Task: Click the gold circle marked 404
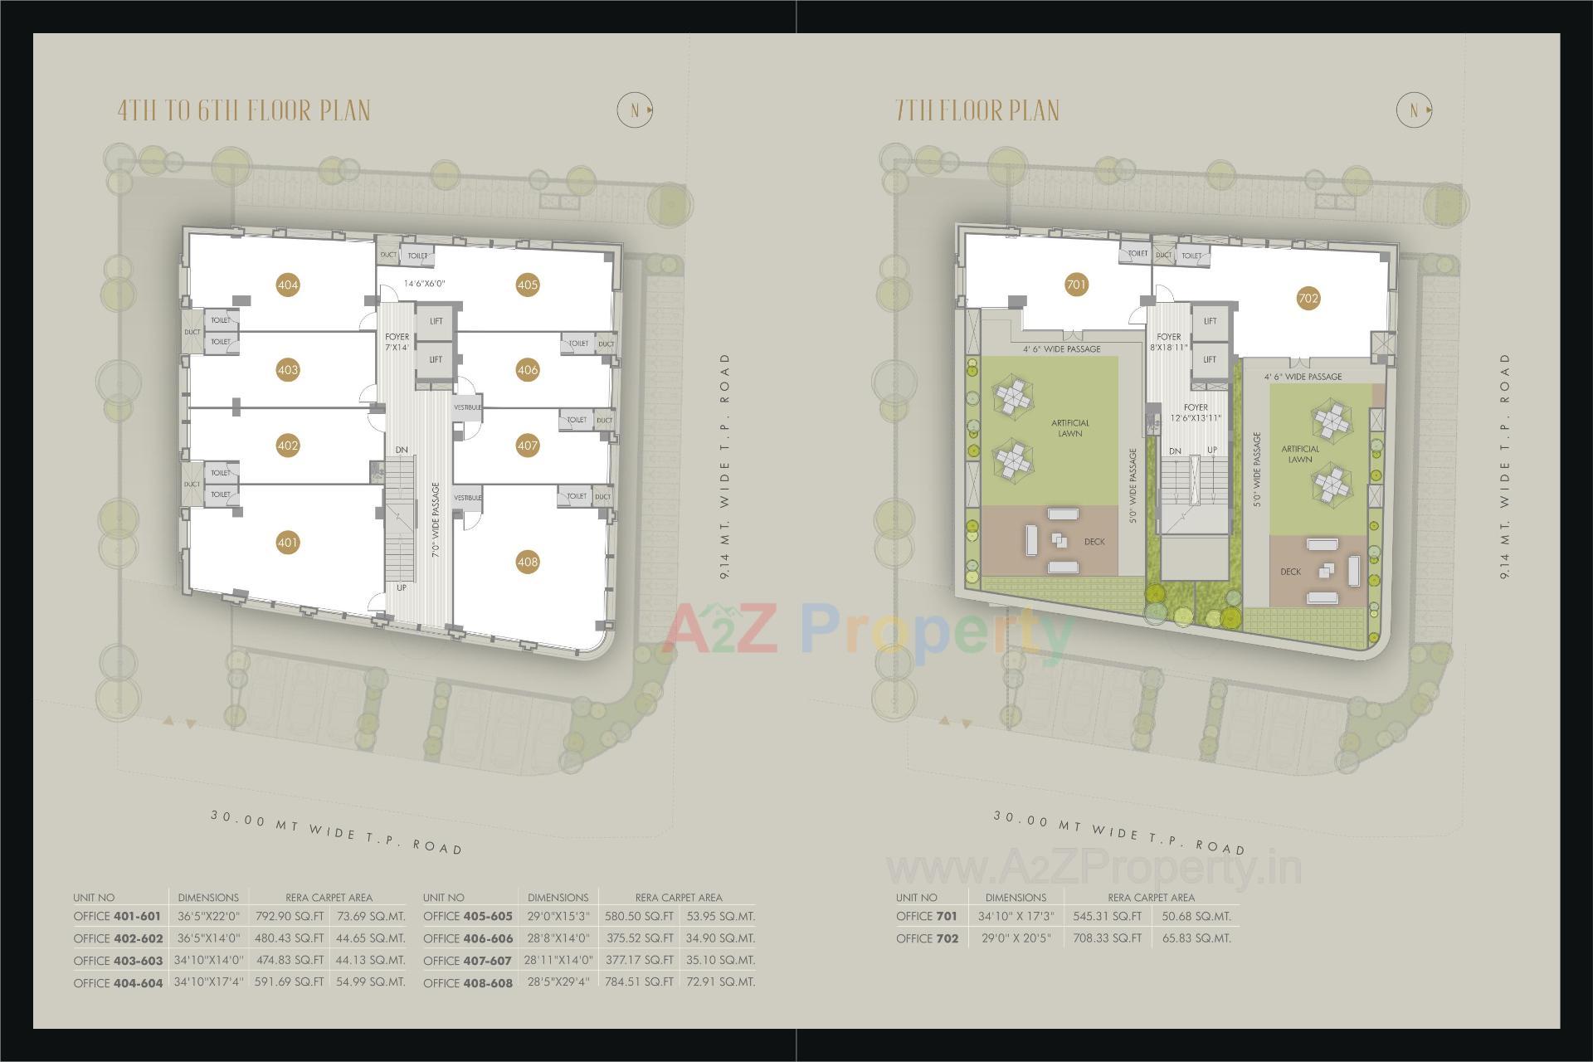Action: point(288,285)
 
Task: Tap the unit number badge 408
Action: point(528,562)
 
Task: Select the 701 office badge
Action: point(1075,285)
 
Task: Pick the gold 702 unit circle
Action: point(1308,299)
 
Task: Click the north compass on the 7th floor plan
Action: point(1414,110)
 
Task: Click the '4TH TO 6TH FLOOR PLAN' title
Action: point(244,111)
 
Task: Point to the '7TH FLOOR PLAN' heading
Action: point(977,111)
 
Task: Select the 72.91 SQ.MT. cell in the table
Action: point(719,982)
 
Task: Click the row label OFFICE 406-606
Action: point(468,938)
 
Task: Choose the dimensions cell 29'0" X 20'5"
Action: point(1016,938)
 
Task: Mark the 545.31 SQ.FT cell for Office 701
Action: point(1108,916)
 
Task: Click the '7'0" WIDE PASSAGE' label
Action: point(436,520)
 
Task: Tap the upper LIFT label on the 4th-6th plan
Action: point(436,321)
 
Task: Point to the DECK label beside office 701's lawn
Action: point(1094,542)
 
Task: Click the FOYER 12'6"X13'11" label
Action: point(1196,412)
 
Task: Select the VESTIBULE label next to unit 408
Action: point(467,498)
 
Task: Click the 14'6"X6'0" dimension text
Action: point(425,284)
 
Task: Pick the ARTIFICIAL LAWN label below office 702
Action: point(1300,454)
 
